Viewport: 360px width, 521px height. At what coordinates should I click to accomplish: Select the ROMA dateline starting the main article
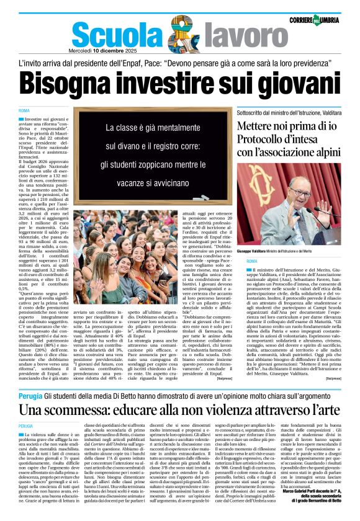(x=24, y=110)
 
